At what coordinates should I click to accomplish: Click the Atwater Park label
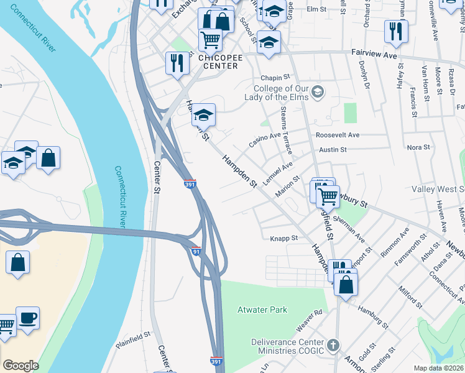[262, 310]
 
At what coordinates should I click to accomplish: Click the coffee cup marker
[27, 318]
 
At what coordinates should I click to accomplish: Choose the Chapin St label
[275, 78]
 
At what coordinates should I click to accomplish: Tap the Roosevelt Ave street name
[338, 135]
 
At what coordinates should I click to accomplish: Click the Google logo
[21, 366]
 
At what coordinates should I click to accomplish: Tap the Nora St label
[418, 147]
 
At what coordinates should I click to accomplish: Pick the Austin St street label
[333, 150]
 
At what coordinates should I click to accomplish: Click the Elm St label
[316, 10]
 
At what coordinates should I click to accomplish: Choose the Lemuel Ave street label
[279, 170]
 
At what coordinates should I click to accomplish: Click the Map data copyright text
[438, 368]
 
